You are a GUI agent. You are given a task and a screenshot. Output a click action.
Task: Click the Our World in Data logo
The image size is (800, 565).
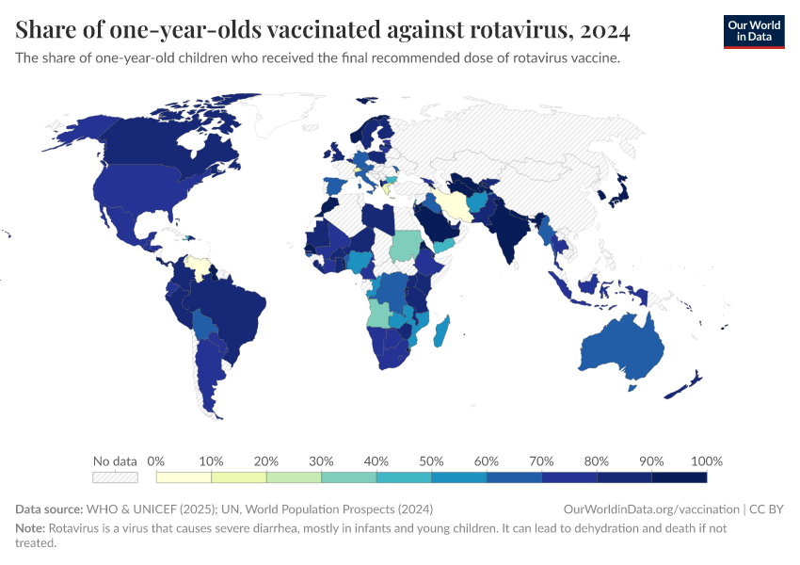(753, 31)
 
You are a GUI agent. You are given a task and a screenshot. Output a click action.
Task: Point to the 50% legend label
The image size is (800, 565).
(432, 461)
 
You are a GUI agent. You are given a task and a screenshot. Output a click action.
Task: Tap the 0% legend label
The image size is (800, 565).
(156, 461)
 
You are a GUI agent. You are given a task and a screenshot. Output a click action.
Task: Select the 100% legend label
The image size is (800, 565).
(706, 461)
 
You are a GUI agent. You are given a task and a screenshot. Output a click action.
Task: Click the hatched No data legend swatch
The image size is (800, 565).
(115, 477)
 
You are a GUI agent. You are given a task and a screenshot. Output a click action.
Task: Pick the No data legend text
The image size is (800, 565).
(115, 461)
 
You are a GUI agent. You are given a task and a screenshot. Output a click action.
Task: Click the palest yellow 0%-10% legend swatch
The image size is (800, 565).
(184, 477)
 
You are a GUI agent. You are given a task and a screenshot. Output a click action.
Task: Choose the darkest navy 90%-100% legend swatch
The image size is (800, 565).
(679, 477)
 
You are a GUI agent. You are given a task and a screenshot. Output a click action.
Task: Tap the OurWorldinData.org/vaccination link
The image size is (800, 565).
(651, 508)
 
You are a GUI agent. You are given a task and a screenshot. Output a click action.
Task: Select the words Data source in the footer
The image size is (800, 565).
(49, 508)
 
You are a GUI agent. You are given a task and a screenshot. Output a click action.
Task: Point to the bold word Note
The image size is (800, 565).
(31, 528)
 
